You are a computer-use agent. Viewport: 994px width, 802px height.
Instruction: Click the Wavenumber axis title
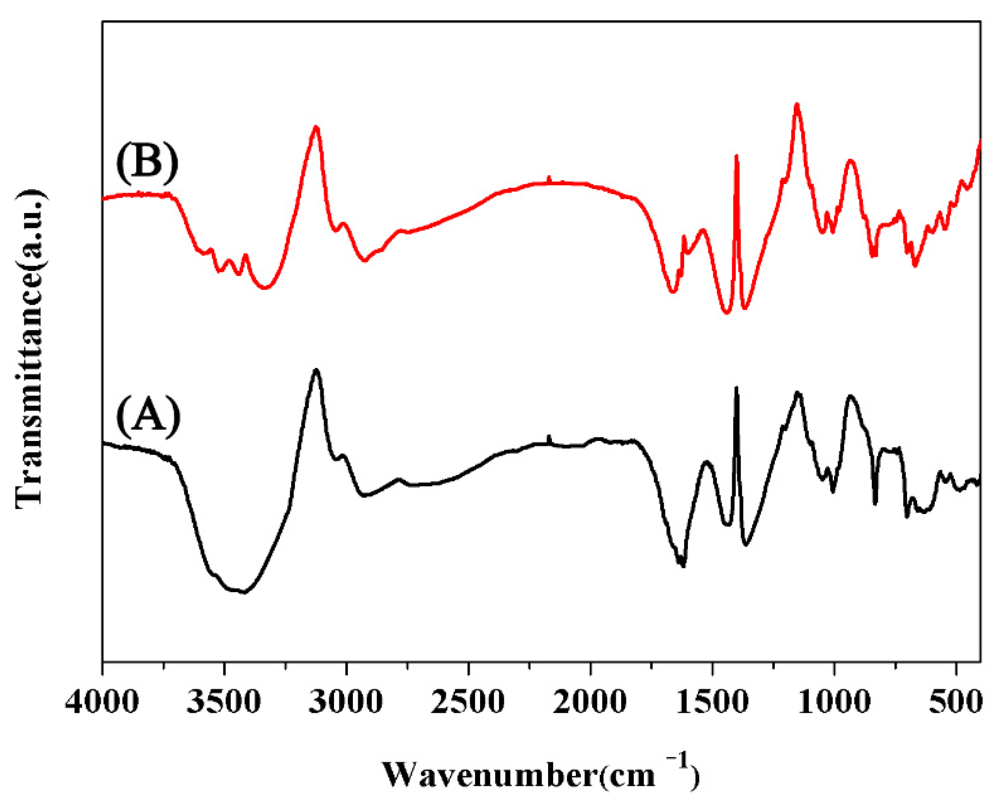coord(540,773)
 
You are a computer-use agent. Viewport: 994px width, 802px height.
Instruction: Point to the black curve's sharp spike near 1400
coord(736,388)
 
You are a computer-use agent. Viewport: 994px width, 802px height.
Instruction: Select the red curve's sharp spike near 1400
coord(736,156)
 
